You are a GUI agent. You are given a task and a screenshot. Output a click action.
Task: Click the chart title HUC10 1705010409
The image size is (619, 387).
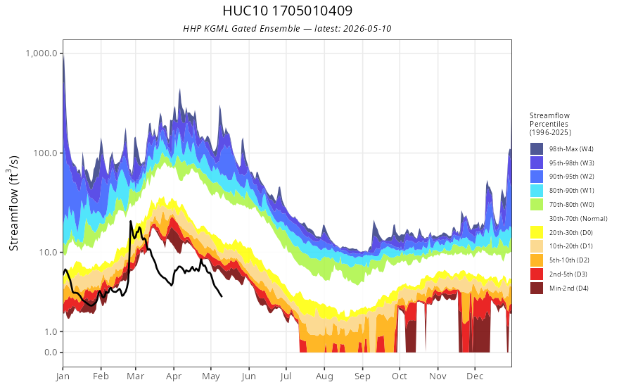pos(287,11)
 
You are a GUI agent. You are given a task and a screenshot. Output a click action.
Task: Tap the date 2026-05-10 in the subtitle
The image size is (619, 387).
pos(367,28)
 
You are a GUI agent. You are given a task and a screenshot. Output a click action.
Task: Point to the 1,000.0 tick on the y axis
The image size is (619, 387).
pos(42,53)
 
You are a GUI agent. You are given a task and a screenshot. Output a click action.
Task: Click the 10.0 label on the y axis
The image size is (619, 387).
pos(48,252)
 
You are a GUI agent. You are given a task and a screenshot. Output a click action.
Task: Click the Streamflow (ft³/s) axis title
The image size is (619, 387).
pos(13,203)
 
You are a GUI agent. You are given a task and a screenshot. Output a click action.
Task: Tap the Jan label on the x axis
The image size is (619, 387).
pos(63,376)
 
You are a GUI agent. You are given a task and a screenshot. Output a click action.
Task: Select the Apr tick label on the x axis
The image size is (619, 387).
pos(173,376)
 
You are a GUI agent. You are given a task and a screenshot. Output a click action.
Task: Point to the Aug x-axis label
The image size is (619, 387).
pos(324,376)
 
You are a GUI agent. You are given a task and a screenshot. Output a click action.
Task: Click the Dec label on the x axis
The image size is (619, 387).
pos(475,376)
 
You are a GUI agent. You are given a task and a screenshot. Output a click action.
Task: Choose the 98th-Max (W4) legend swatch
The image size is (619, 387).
pos(537,149)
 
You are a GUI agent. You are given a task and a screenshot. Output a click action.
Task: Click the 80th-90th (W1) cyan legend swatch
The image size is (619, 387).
pos(537,191)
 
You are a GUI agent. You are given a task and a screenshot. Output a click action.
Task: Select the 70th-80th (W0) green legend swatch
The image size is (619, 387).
pos(537,204)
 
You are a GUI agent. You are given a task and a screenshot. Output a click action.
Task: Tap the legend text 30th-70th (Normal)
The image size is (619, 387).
pos(578,218)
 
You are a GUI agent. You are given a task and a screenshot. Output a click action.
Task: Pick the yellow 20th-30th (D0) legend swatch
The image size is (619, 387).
pos(537,232)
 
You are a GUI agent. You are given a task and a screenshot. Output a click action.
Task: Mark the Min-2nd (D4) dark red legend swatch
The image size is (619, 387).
pos(537,288)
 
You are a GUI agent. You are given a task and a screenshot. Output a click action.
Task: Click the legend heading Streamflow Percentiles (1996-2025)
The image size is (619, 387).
pos(550,124)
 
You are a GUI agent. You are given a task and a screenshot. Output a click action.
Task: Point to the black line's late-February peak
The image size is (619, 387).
pos(131,221)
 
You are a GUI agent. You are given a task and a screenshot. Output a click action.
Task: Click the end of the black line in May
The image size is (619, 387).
pos(222,296)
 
